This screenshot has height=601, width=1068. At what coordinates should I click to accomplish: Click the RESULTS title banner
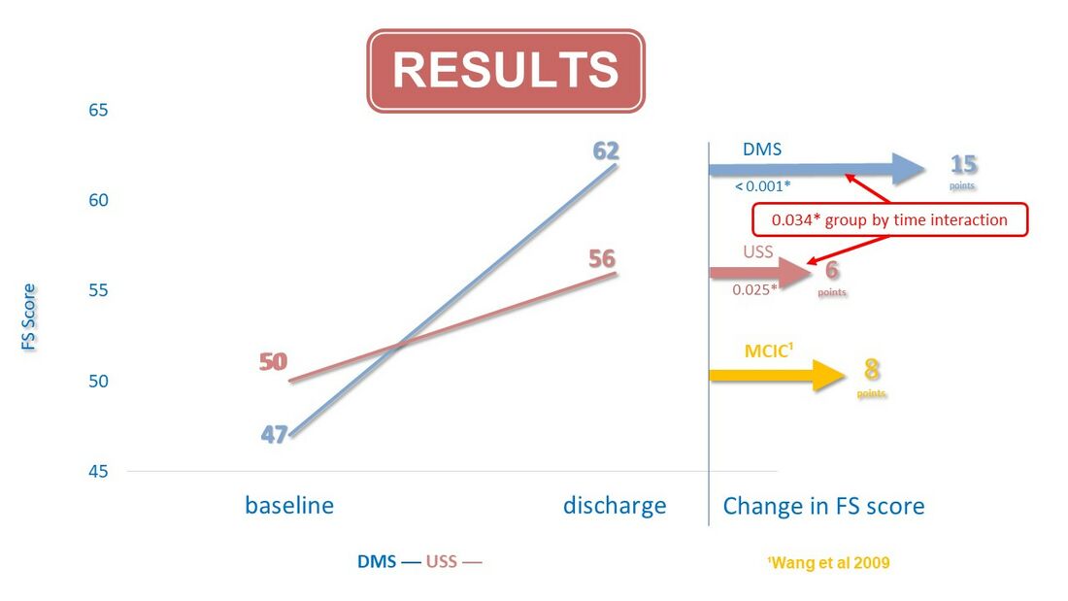tap(506, 70)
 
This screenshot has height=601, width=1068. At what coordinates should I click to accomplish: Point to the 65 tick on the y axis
tap(98, 110)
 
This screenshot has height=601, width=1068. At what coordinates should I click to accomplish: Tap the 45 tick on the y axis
tap(98, 471)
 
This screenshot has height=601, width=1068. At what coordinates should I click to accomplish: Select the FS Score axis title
tap(28, 317)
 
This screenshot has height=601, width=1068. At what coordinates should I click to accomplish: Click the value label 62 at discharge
tap(606, 150)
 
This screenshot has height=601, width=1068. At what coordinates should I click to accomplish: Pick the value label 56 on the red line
tap(602, 259)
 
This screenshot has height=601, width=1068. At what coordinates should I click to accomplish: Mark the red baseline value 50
tap(273, 361)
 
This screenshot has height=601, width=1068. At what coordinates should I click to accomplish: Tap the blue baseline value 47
tap(275, 434)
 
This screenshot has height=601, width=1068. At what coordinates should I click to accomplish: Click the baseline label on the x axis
tap(289, 506)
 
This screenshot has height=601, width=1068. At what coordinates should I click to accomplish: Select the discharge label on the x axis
tap(615, 506)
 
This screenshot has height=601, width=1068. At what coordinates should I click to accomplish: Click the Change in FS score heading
tap(823, 506)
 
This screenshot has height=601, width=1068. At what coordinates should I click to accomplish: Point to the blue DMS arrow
tap(818, 169)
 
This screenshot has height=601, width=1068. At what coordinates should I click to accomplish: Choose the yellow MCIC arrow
tap(777, 375)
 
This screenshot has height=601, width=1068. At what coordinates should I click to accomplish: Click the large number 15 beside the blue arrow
tap(964, 165)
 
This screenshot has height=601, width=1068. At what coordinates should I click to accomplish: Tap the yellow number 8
tap(872, 369)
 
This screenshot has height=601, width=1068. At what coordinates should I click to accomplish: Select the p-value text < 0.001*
tap(763, 186)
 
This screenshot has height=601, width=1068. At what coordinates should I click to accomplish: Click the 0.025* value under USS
tap(754, 289)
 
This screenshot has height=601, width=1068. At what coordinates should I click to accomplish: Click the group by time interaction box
tap(889, 220)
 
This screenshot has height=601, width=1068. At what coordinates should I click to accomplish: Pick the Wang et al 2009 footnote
tap(828, 563)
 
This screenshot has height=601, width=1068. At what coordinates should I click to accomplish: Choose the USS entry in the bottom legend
tap(442, 562)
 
